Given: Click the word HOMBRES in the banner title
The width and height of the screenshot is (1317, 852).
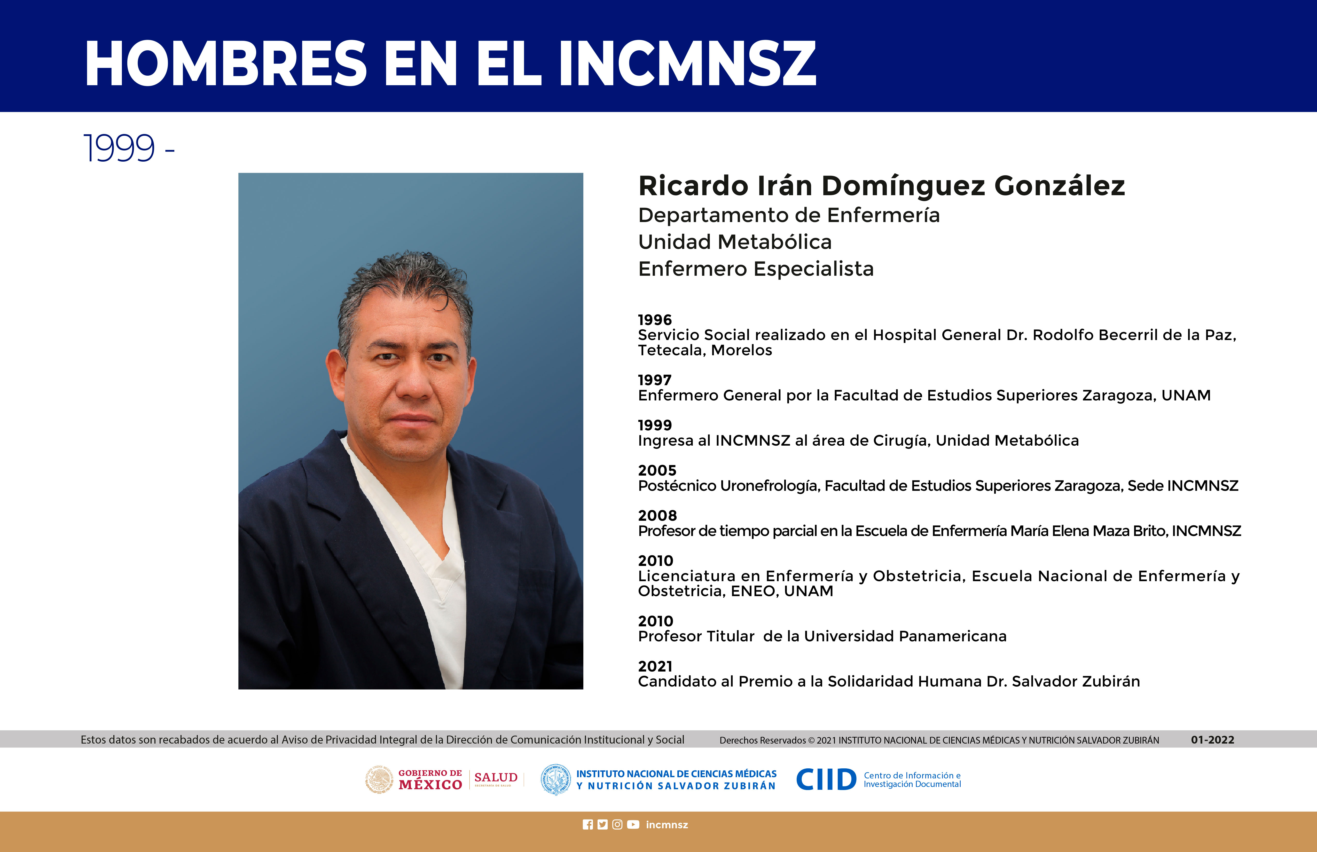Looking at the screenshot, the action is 226,64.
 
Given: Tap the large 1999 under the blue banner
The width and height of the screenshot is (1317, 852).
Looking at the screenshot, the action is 119,148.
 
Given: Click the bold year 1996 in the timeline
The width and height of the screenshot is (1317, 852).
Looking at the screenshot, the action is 655,320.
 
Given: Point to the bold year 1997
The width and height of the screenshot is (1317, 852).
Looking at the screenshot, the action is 655,380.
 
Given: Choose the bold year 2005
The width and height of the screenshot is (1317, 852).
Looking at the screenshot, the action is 657,470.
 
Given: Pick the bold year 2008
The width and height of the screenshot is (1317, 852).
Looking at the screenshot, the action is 657,516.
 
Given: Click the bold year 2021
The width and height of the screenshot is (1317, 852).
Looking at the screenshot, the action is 655,666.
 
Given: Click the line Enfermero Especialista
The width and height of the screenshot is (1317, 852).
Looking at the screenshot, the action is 756,269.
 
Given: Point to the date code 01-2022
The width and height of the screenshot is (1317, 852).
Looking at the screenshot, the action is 1212,740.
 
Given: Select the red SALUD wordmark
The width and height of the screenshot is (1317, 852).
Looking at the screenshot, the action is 496,777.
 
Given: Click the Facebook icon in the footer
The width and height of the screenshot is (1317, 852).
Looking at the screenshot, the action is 588,824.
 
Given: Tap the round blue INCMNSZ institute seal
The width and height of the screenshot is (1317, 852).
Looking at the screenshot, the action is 555,779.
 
